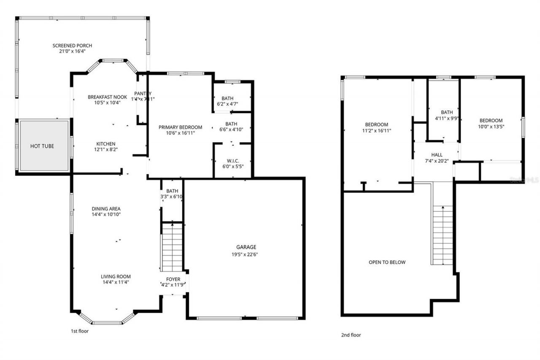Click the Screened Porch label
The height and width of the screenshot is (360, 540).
(x=72, y=46)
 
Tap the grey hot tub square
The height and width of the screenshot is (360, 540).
(x=42, y=146)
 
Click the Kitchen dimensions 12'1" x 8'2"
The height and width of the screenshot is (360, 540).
(x=105, y=150)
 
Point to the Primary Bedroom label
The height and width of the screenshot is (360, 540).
(x=180, y=127)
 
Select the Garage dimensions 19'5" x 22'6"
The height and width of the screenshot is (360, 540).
(x=246, y=254)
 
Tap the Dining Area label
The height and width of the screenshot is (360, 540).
(x=106, y=208)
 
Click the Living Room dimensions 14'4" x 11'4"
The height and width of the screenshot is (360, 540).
(x=116, y=282)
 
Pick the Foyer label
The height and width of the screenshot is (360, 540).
(x=173, y=279)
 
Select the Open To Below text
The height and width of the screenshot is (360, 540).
(x=387, y=262)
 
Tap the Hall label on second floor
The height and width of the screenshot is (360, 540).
(x=437, y=155)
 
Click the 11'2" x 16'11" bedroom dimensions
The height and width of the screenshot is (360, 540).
(x=376, y=130)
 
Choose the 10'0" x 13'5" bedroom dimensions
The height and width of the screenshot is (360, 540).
(x=491, y=126)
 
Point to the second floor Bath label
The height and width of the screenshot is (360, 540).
(x=447, y=112)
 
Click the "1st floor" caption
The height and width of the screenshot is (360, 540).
(x=79, y=331)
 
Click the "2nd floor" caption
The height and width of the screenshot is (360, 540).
(x=351, y=335)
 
